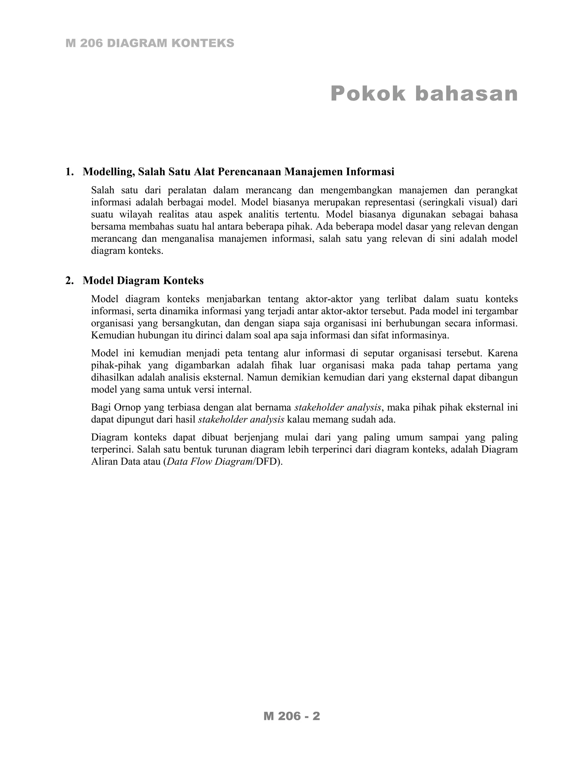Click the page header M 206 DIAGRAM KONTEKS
pos(150,43)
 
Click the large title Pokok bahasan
pos(424,94)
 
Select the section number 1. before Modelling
pos(70,172)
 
